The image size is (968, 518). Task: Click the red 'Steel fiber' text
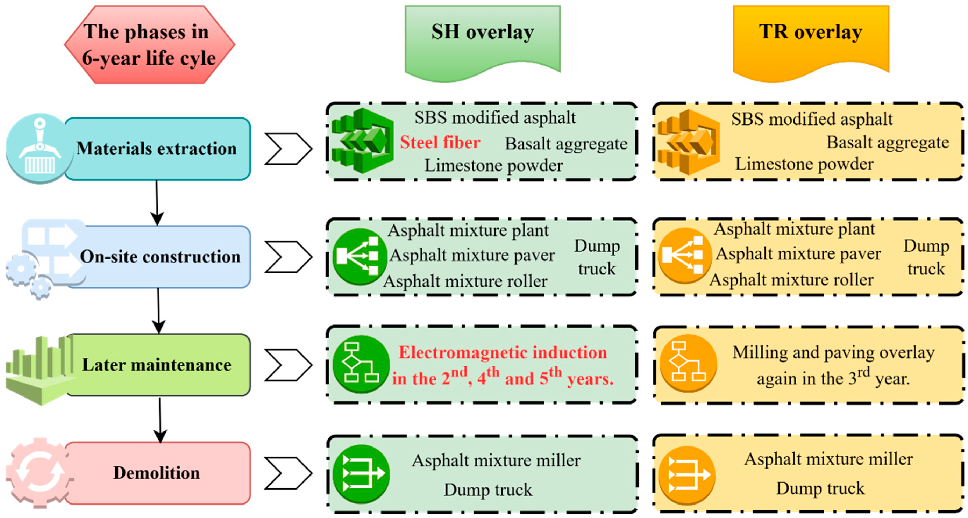[x=440, y=143]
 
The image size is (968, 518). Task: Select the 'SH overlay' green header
[x=482, y=38]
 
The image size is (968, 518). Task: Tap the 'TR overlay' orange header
[x=810, y=38]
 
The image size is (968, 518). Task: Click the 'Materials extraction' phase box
[x=157, y=149]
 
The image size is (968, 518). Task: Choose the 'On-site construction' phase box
[x=160, y=257]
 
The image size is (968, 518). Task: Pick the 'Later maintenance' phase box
[x=157, y=365]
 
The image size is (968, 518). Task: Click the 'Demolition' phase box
[x=157, y=473]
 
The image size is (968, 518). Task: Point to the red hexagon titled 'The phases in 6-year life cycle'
[x=149, y=44]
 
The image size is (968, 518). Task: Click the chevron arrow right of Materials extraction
[x=288, y=149]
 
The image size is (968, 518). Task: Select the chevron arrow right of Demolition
[x=288, y=473]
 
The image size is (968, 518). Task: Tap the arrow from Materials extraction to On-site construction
[x=157, y=203]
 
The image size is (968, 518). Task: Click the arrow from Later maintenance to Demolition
[x=160, y=420]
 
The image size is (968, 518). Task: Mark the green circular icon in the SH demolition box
[x=361, y=474]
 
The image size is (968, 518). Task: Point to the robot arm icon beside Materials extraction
[x=40, y=148]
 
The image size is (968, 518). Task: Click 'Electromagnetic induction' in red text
[x=503, y=353]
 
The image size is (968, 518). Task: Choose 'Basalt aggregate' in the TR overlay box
[x=888, y=143]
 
